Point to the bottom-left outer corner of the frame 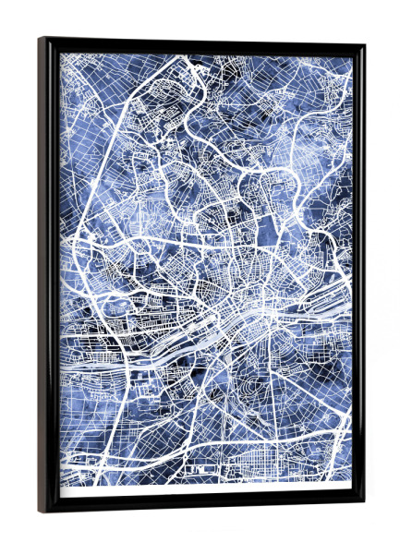click(39, 512)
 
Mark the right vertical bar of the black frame click(358, 277)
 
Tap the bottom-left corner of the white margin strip click(62, 496)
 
